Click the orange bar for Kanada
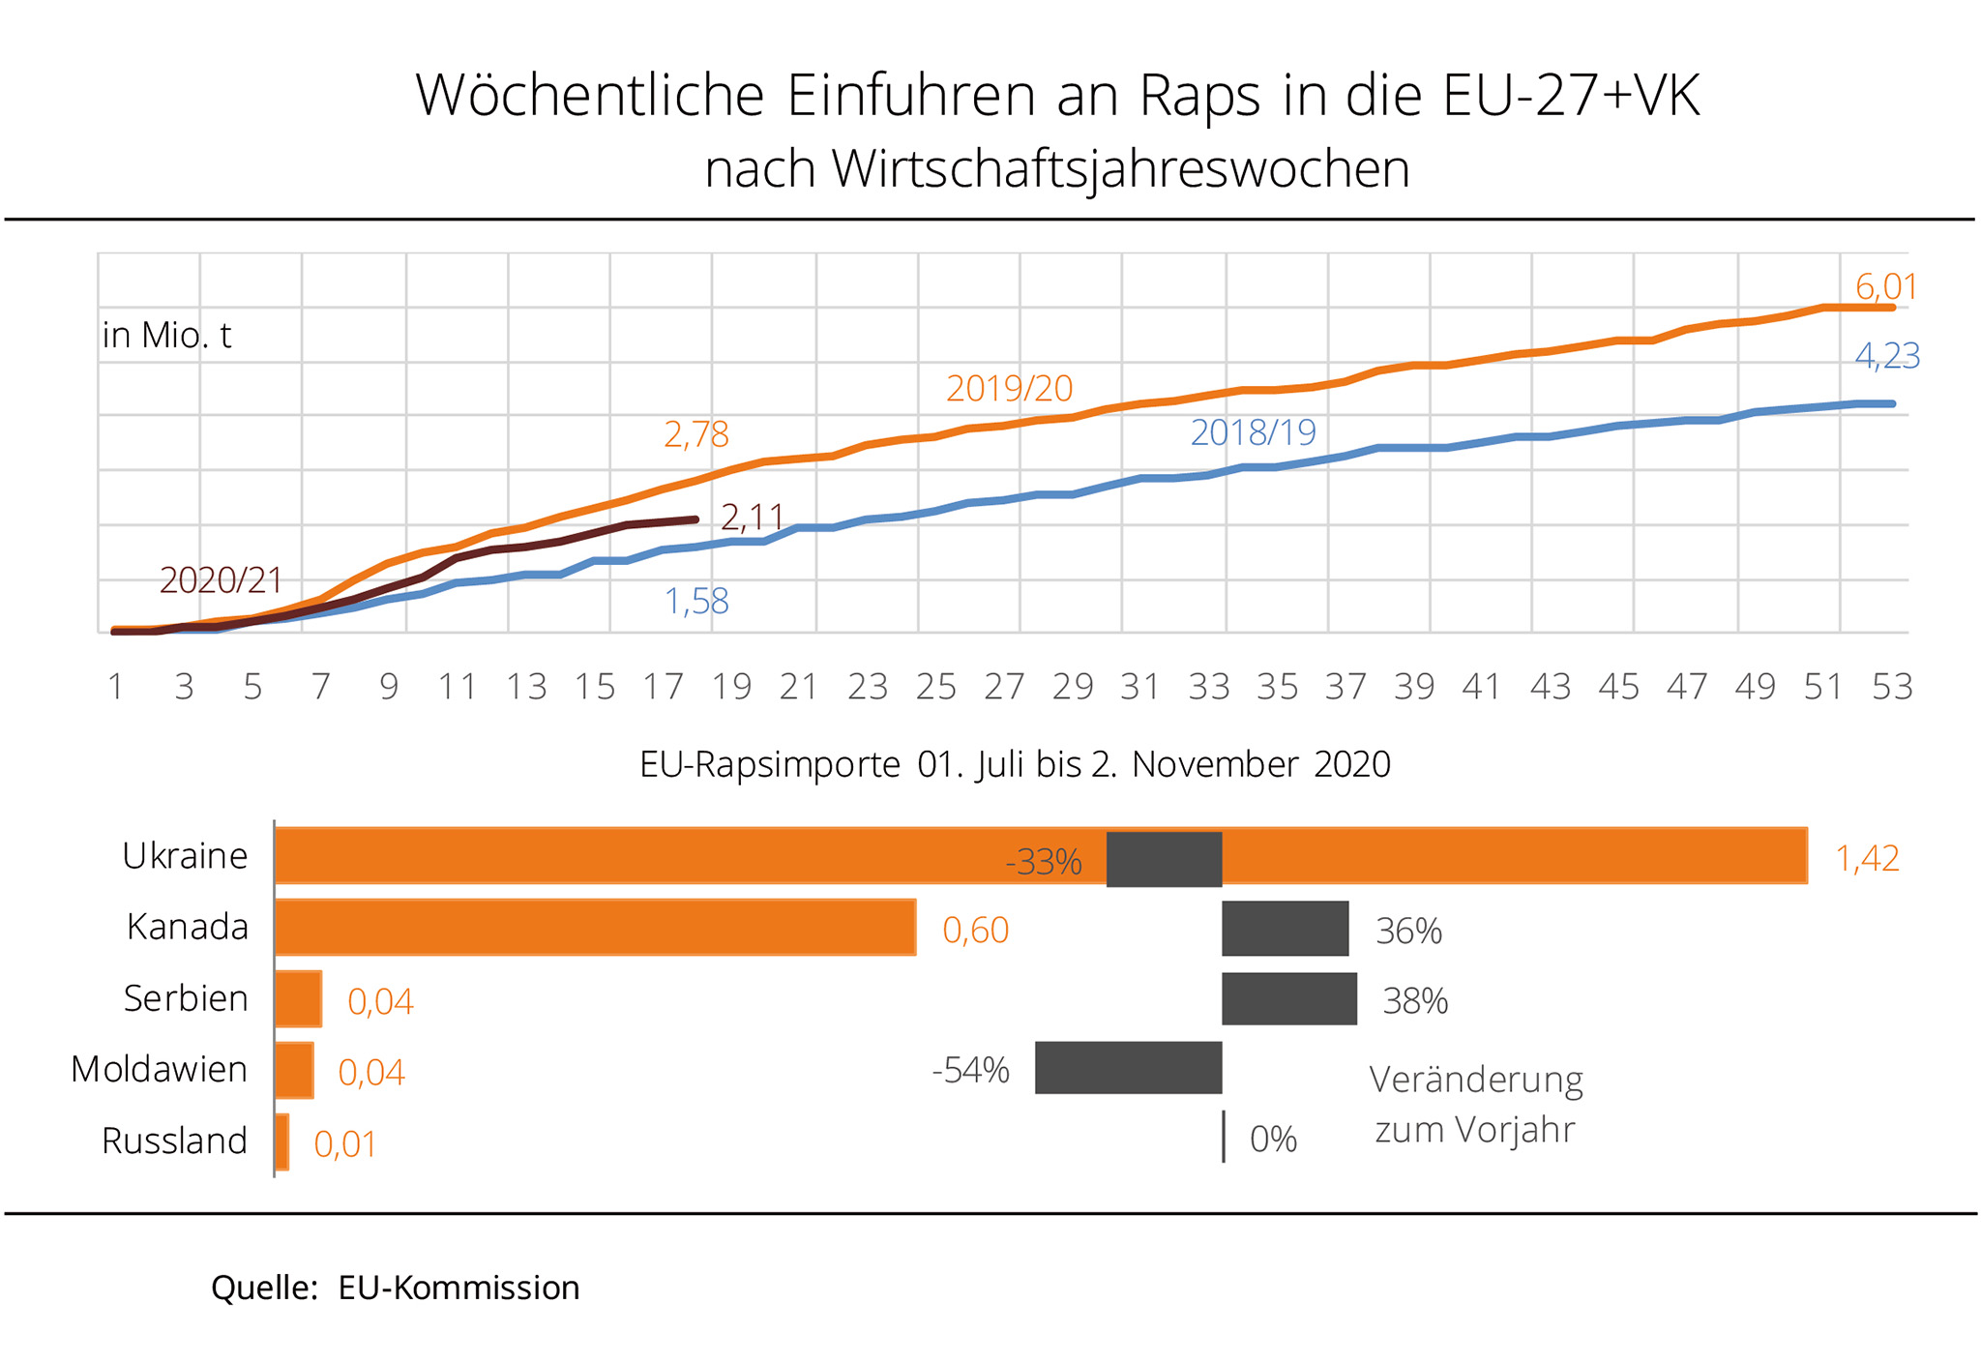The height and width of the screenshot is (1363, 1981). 595,928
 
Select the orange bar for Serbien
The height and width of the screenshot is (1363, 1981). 298,998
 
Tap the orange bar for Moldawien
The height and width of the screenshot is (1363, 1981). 294,1070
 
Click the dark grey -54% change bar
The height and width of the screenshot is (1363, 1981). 1128,1068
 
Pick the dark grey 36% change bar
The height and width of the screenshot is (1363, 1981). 1285,929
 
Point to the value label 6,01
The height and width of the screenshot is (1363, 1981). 1885,287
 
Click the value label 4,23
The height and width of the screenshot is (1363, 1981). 1886,357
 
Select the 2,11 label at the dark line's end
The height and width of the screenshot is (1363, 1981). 752,519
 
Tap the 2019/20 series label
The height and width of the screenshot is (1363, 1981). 1009,389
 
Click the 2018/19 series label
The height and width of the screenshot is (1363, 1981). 1253,432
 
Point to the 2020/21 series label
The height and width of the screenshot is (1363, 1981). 221,580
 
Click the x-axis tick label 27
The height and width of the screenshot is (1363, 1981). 1004,687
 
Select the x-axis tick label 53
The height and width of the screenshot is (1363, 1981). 1892,687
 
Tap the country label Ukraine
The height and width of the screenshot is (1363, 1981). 185,856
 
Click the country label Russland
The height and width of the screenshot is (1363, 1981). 174,1141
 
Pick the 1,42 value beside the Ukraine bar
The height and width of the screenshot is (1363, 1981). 1867,859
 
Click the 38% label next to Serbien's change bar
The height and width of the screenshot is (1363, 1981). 1415,1001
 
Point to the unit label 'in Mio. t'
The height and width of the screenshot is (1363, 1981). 166,336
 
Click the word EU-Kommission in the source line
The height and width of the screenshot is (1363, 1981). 458,1289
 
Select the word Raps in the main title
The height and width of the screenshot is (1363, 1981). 1199,96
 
